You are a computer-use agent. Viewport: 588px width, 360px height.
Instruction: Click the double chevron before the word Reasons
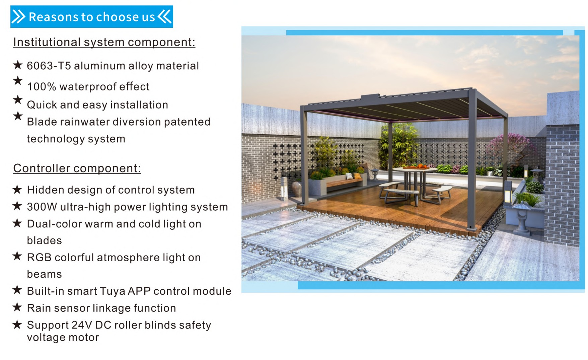pos(19,16)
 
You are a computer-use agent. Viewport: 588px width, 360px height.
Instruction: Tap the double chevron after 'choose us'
pos(165,16)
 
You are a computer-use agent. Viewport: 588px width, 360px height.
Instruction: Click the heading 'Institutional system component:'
pos(104,42)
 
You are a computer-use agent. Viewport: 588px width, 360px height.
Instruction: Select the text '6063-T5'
pos(49,66)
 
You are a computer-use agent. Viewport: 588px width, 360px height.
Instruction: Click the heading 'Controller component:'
pos(77,168)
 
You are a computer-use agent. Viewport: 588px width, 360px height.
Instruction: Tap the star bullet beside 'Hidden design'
pos(17,190)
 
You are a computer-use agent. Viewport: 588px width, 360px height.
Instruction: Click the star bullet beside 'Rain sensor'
pos(17,307)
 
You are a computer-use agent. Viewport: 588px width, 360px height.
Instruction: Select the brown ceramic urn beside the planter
pos(297,189)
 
